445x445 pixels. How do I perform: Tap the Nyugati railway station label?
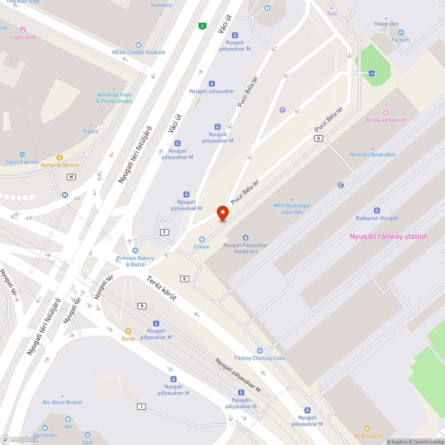coord(388,236)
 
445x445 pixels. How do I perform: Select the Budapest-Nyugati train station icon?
coord(377,210)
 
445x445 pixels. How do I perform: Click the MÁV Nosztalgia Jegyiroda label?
coord(291,209)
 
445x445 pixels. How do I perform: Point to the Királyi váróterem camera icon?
coord(385,113)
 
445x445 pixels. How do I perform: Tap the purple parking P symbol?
coord(282,110)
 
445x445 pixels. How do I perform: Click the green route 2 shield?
coord(202,26)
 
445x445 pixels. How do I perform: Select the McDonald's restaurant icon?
coord(367,428)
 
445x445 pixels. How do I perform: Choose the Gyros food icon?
coord(128,331)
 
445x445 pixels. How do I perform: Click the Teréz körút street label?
coord(162,288)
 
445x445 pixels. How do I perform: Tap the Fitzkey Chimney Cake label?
coord(260,358)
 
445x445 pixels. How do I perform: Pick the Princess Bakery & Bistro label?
coord(135,261)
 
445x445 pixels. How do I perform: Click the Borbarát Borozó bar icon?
coord(60,158)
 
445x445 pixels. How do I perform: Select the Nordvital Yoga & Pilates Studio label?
coord(114,98)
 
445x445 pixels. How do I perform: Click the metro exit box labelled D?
coord(318,138)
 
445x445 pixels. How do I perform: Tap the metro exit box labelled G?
coord(142,306)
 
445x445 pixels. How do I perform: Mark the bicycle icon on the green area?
coord(371,73)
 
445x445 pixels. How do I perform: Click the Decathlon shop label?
coord(45,435)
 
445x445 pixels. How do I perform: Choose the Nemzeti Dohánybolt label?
coord(372,154)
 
